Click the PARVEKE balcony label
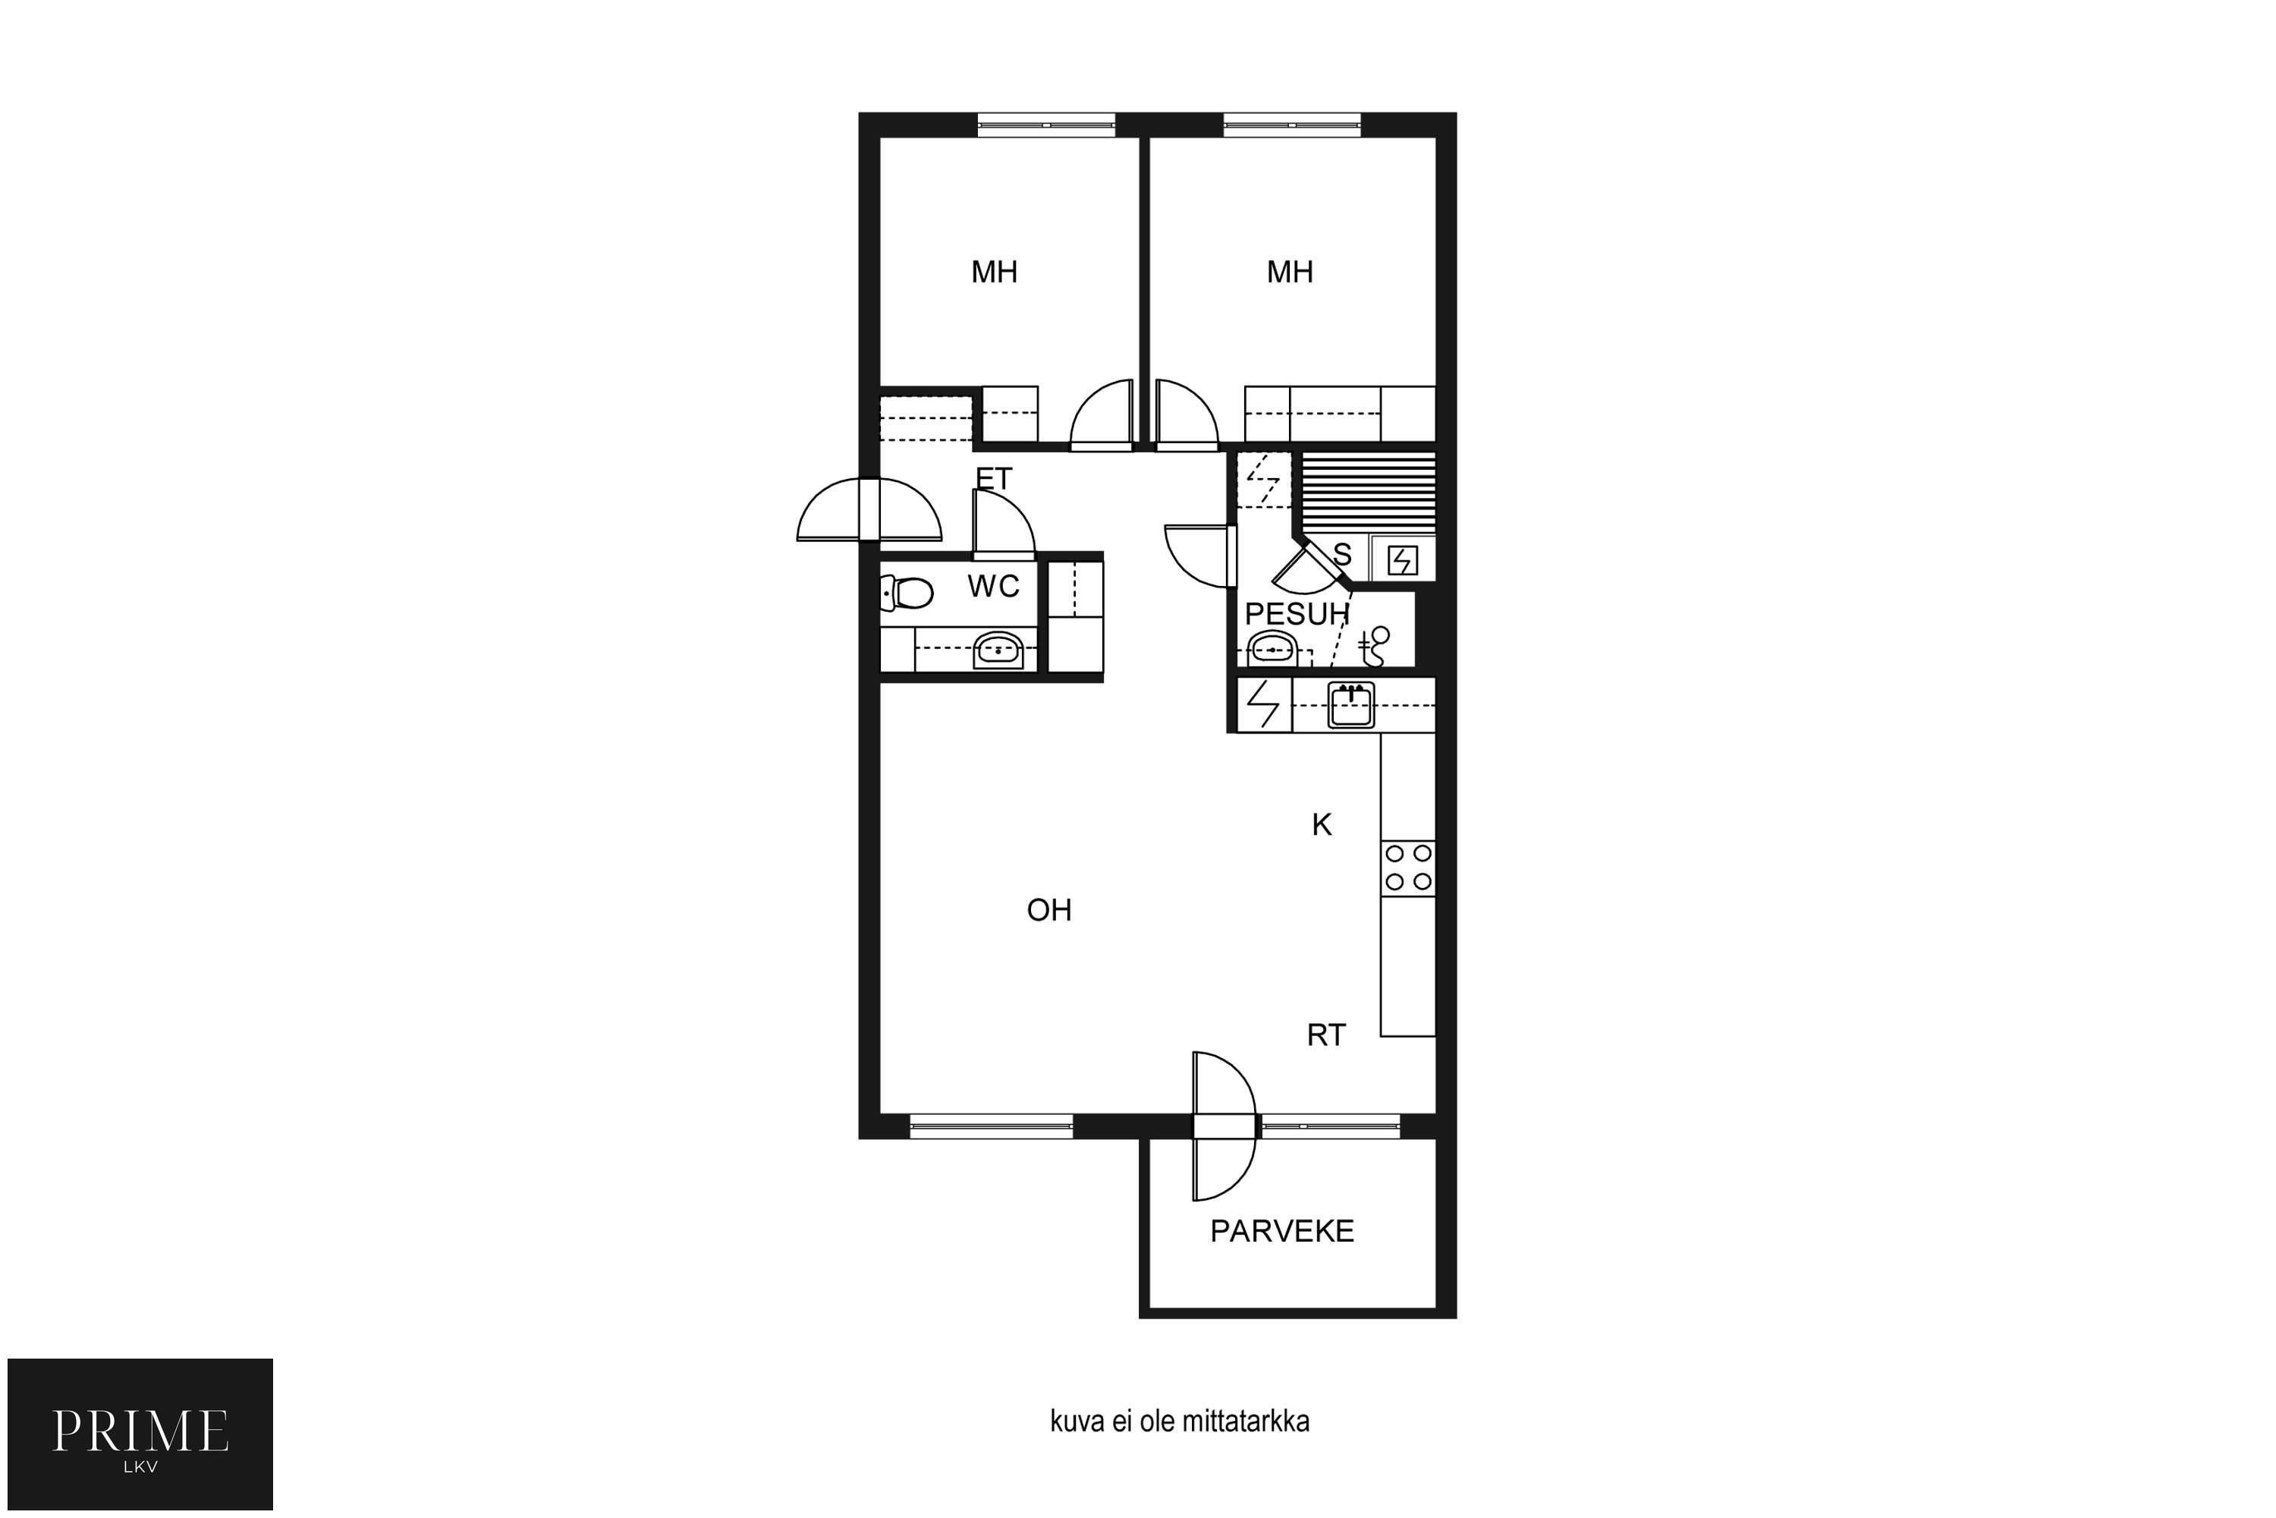tap(1281, 1230)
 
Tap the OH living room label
tap(1049, 910)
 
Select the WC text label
tap(993, 586)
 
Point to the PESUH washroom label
tap(1297, 614)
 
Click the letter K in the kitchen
tap(1322, 825)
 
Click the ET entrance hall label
tap(994, 478)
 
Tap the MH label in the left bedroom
tap(994, 272)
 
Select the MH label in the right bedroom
tap(1290, 272)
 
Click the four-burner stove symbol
tap(1408, 868)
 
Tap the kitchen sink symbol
tap(1351, 705)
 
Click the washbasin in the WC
tap(998, 650)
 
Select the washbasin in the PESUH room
tap(1272, 649)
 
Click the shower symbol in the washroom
tap(1373, 647)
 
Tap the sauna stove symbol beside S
tap(1402, 559)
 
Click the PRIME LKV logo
tap(140, 1434)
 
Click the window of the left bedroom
tap(1046, 125)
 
